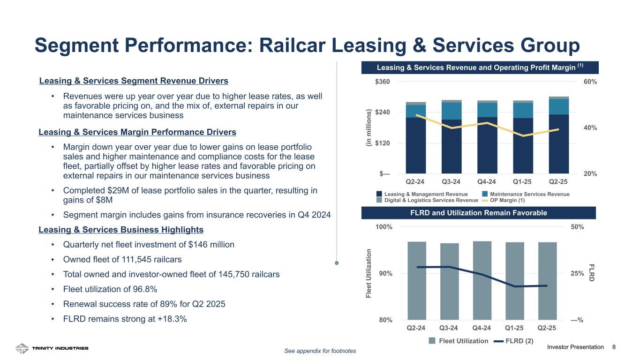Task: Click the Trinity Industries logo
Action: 52,348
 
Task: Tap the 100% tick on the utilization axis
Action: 384,227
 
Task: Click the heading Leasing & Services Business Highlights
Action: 121,230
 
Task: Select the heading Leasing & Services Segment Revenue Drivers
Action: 134,81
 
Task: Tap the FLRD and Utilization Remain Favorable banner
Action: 479,213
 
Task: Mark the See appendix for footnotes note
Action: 320,351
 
